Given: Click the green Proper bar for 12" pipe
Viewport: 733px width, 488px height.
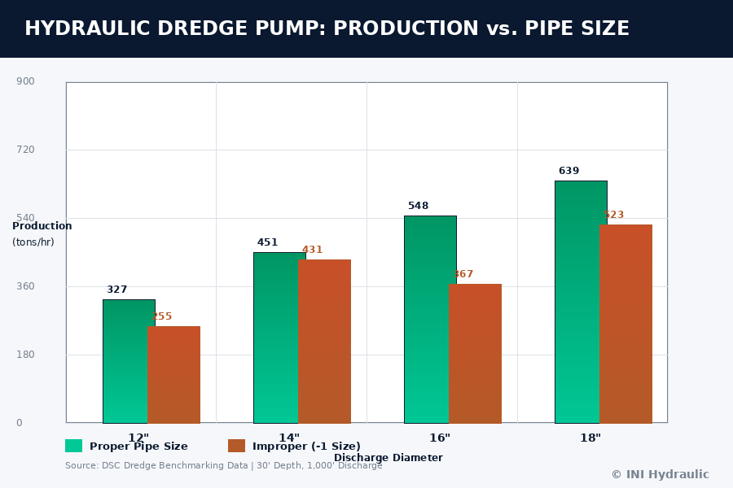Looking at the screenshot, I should point(125,361).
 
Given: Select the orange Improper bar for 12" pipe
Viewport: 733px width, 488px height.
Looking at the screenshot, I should point(174,375).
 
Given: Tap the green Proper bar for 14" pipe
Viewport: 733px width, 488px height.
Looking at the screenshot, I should point(275,338).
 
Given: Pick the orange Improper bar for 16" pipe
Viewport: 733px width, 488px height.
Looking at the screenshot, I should point(476,354).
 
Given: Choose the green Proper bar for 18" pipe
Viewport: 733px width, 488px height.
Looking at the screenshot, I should point(577,302).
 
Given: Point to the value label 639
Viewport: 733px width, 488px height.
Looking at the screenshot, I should point(568,171).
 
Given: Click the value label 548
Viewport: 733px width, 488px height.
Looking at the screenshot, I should point(418,206).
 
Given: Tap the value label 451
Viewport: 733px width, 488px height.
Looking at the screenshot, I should point(267,242).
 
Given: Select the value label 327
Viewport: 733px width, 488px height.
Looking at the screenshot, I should point(116,290).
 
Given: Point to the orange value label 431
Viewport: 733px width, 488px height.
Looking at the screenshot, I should point(312,250).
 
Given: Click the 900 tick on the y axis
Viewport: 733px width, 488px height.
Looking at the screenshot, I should point(25,81).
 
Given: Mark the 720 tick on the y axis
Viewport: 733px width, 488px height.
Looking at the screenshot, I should point(25,150).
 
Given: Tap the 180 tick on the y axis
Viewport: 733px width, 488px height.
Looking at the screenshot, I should point(25,355).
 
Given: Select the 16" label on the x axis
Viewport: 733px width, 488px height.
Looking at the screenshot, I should point(440,438).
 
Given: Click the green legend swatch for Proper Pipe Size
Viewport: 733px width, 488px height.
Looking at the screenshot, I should point(74,446).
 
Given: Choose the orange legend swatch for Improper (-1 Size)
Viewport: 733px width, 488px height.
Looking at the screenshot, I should point(237,446).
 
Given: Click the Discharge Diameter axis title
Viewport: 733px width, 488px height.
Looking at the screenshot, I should point(388,458).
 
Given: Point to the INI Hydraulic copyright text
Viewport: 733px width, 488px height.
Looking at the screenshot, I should point(660,474).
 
